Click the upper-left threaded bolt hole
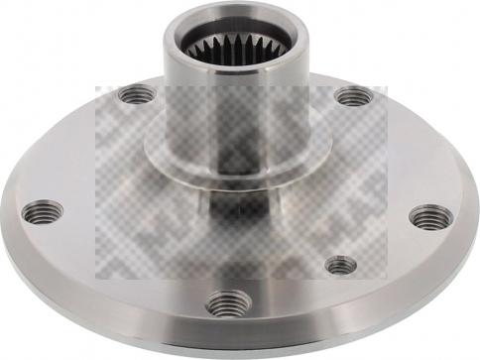click(137, 95)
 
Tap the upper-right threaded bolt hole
click(353, 96)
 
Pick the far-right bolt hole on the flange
click(429, 216)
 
